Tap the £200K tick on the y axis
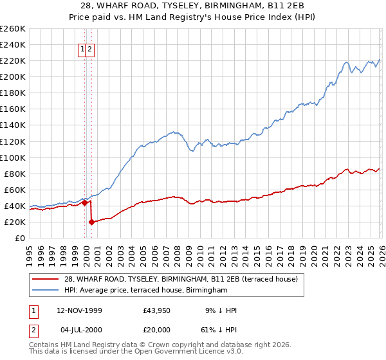click(12, 76)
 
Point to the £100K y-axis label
click(12, 157)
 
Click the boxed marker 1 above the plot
click(82, 49)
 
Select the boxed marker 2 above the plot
click(90, 49)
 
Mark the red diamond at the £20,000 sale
click(91, 222)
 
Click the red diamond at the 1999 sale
click(84, 203)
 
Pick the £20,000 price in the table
click(156, 329)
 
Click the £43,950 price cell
click(156, 310)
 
